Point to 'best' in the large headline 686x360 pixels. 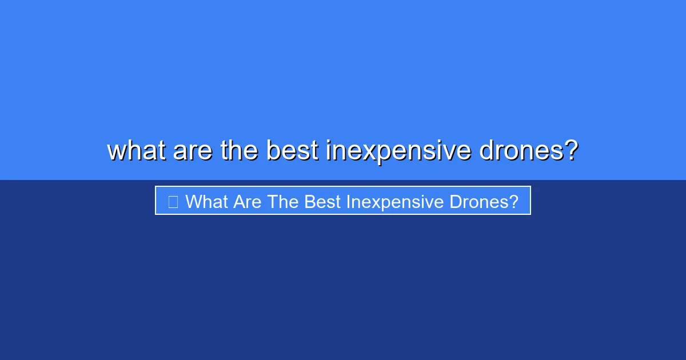tap(292, 150)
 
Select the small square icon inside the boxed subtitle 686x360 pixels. tap(173, 201)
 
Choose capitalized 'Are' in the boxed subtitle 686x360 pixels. tap(247, 202)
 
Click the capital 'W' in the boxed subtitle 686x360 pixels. tap(193, 202)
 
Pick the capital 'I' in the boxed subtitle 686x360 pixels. tap(348, 202)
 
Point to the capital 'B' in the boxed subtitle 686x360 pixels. tap(309, 202)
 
